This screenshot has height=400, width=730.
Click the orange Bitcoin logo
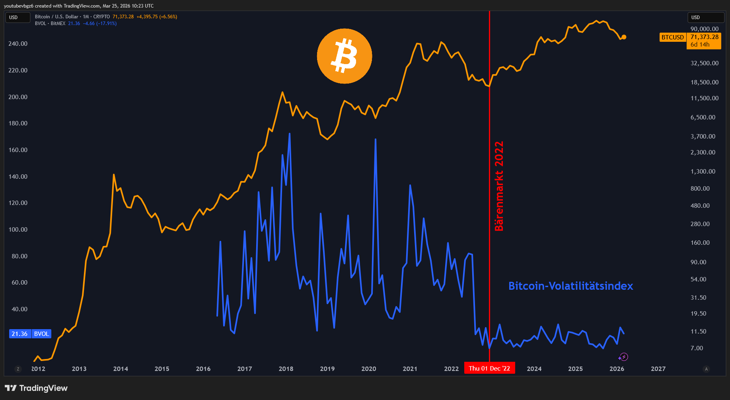(345, 56)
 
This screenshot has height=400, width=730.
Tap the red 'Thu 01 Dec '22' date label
(489, 368)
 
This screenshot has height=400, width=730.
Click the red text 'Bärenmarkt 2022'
(499, 186)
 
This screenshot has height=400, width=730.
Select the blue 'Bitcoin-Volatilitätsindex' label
(570, 286)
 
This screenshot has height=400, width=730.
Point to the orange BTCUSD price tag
(673, 37)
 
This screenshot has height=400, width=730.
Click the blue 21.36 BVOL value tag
(30, 334)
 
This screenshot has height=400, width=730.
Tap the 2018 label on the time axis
(286, 369)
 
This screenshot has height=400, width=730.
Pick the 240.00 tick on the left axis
(18, 43)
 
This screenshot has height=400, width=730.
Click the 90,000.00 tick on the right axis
(705, 29)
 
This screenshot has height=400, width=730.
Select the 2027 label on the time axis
(658, 369)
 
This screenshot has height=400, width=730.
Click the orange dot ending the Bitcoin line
(624, 37)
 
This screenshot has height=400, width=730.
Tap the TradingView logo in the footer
(36, 388)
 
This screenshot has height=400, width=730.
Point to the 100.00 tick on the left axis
(18, 229)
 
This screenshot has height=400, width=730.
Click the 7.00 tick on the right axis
(697, 348)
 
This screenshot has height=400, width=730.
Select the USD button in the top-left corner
(18, 18)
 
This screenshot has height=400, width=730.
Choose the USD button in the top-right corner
(706, 18)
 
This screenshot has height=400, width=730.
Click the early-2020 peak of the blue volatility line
(376, 139)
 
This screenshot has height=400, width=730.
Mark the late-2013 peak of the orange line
(114, 175)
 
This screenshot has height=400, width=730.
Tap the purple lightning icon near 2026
(623, 357)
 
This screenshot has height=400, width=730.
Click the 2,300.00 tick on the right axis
(703, 152)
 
